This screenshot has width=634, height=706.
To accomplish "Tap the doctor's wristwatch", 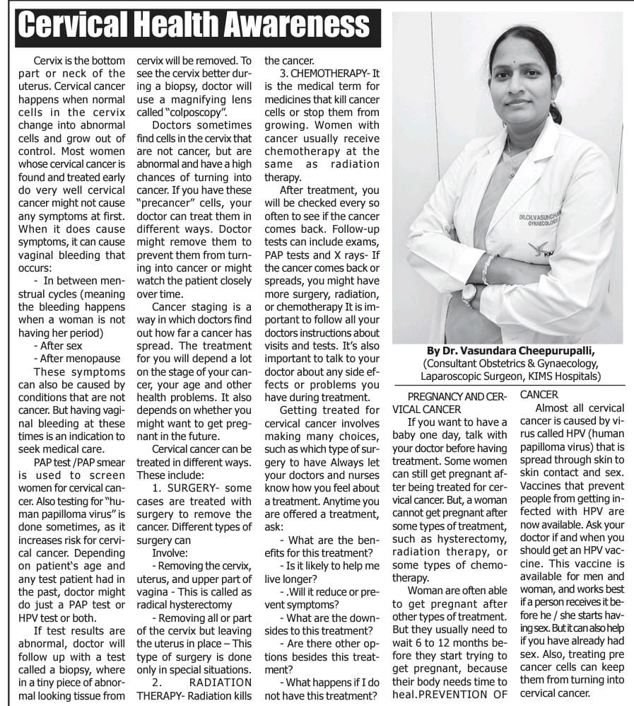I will (x=469, y=292).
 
